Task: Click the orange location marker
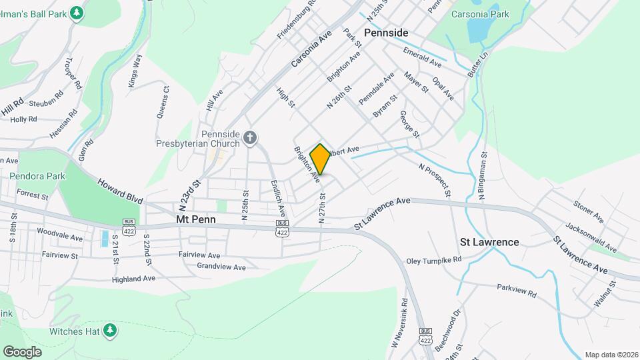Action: tap(321, 159)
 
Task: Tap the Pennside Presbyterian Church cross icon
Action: tap(250, 138)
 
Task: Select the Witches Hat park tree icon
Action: tap(110, 331)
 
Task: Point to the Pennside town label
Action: tap(386, 33)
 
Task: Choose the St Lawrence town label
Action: tap(489, 242)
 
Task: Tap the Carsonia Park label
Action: tap(480, 14)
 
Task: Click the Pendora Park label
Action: tap(37, 177)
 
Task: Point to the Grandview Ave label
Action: tap(221, 267)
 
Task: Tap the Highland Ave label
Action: tap(133, 279)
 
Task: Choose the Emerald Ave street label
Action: tap(423, 58)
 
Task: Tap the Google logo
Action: tap(23, 351)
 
